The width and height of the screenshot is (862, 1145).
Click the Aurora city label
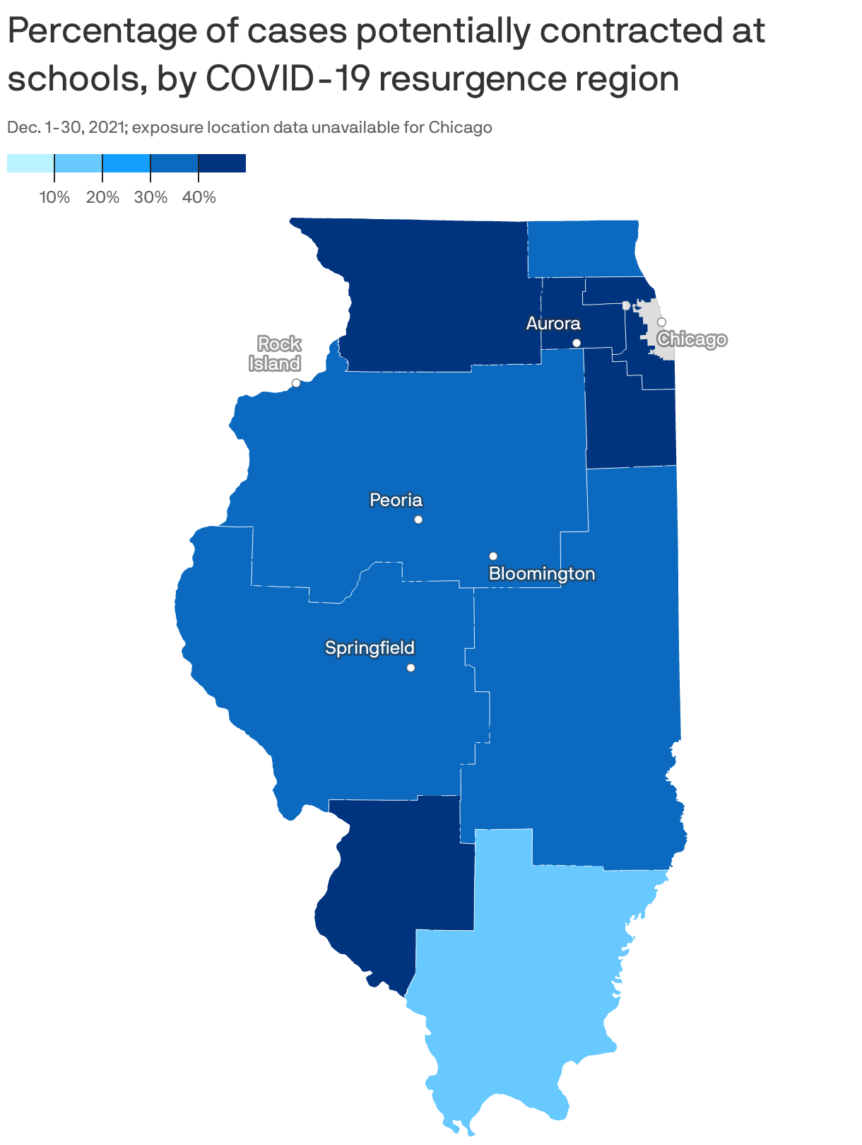[x=553, y=324]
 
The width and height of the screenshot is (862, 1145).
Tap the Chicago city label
[x=691, y=340]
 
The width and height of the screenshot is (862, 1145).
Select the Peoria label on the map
[x=396, y=500]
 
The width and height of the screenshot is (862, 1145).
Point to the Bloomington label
[x=542, y=574]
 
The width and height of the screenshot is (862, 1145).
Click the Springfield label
[x=370, y=647]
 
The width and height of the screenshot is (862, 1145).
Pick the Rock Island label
[x=276, y=354]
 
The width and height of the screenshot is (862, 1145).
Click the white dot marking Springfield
[x=411, y=668]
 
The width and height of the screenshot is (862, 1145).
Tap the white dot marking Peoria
[x=418, y=519]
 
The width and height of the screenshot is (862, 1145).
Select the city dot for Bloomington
[x=493, y=556]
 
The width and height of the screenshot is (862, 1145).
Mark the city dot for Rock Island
[x=296, y=383]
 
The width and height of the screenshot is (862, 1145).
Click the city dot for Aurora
[x=577, y=343]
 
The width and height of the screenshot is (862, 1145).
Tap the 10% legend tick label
[x=54, y=198]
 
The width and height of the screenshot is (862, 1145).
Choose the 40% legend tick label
[x=199, y=198]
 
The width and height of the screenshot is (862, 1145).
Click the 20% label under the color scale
[x=102, y=198]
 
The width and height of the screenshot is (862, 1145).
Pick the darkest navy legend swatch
[x=222, y=163]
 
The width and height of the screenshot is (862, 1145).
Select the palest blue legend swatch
[x=30, y=163]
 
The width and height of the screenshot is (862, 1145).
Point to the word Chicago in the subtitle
[x=460, y=128]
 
